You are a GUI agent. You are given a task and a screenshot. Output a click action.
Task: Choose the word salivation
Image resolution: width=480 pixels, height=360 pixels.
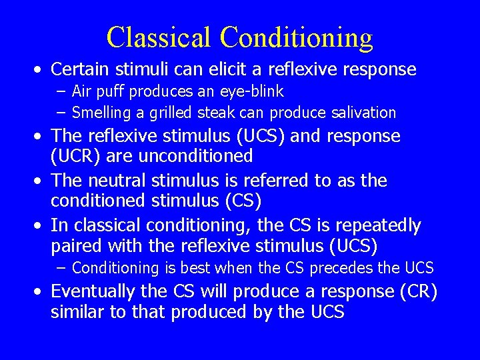coord(363,113)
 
